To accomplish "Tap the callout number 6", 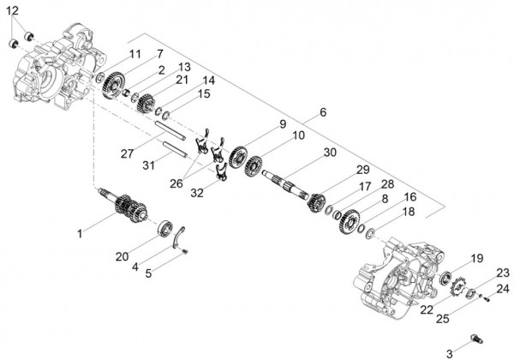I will point(322,112).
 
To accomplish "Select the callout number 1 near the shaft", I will point(81,232).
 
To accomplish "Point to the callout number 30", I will point(330,153).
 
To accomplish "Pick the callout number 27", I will point(127,153).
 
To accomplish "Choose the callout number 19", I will point(477,256).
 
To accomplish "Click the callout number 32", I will point(198,194).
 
